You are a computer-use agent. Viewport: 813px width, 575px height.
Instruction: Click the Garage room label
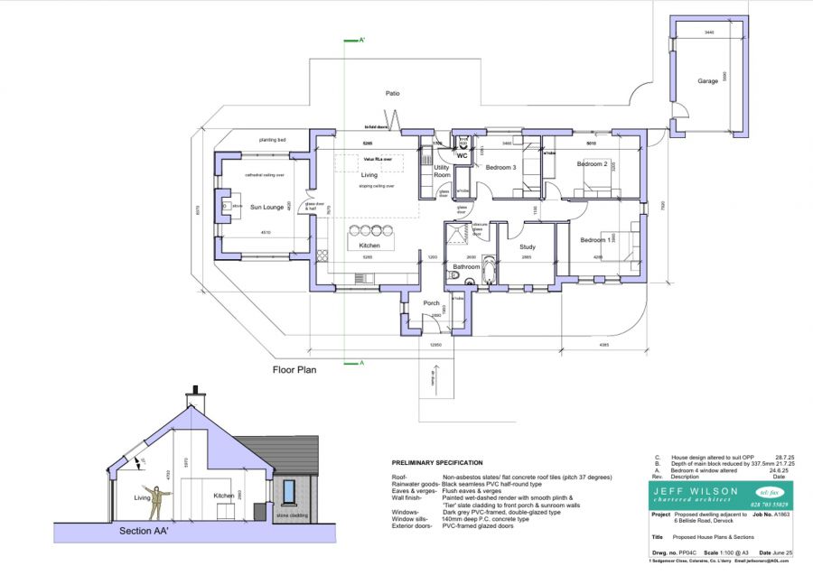click(x=707, y=80)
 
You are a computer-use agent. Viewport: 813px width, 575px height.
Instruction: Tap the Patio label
click(x=392, y=93)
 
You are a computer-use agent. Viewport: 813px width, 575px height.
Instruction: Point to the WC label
click(x=462, y=155)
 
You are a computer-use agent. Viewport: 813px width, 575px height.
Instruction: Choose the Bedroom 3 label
click(x=500, y=168)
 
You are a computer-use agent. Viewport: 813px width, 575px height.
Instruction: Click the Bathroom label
click(x=466, y=267)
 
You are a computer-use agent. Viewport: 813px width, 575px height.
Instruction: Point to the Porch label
click(x=431, y=302)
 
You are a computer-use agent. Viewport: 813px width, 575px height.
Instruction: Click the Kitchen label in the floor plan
click(x=369, y=246)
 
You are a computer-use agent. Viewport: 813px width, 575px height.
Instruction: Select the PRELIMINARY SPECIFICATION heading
click(x=444, y=462)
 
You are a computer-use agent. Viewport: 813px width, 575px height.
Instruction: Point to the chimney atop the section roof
click(x=194, y=397)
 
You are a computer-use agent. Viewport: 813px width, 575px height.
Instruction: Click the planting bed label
click(x=272, y=140)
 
